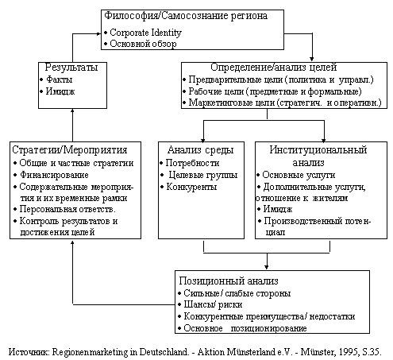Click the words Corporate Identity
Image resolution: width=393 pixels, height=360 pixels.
tap(145, 33)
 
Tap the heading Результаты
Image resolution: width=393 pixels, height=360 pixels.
tap(71, 67)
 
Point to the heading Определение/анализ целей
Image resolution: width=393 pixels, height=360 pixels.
tap(273, 67)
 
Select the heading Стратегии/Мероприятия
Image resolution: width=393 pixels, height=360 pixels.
tap(70, 150)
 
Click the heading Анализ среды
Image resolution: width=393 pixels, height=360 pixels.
tap(200, 150)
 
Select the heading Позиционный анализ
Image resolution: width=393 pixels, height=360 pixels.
tap(229, 281)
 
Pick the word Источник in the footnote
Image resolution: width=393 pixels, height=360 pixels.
tap(29, 352)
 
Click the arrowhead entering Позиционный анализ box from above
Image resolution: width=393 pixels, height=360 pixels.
tap(267, 267)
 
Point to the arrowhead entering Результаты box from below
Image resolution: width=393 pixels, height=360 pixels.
tap(72, 111)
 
